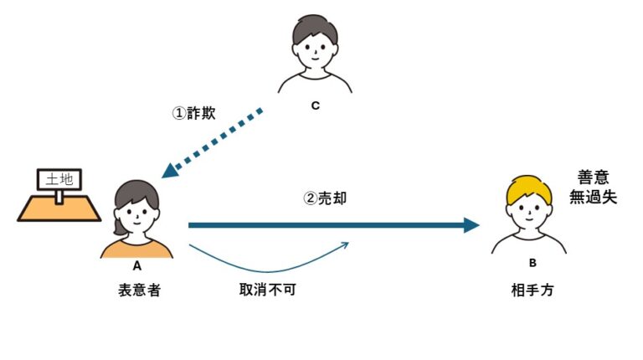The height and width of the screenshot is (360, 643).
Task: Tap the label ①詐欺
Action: pyautogui.click(x=193, y=113)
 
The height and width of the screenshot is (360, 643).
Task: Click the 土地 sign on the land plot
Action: pyautogui.click(x=58, y=179)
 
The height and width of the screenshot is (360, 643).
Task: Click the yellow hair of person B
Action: pyautogui.click(x=529, y=188)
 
